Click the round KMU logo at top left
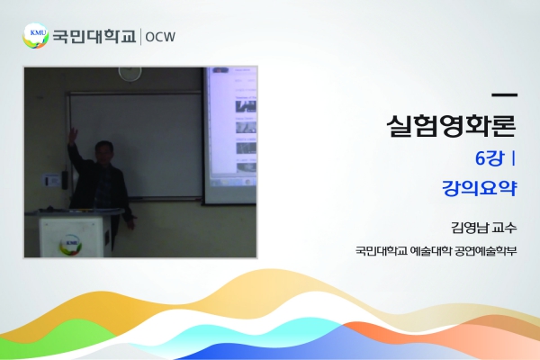pyautogui.click(x=35, y=36)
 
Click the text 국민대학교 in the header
pyautogui.click(x=94, y=36)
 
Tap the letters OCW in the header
pyautogui.click(x=160, y=37)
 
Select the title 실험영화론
pyautogui.click(x=452, y=125)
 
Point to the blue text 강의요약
pyautogui.click(x=480, y=188)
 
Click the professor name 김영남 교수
pyautogui.click(x=484, y=228)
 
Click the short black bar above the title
pyautogui.click(x=505, y=94)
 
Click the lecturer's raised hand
pyautogui.click(x=72, y=135)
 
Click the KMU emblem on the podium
pyautogui.click(x=70, y=243)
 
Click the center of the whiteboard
pyautogui.click(x=135, y=145)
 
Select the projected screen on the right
pyautogui.click(x=230, y=135)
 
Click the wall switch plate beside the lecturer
pyautogui.click(x=51, y=181)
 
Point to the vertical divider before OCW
pyautogui.click(x=140, y=37)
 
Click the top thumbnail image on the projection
pyautogui.click(x=246, y=106)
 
